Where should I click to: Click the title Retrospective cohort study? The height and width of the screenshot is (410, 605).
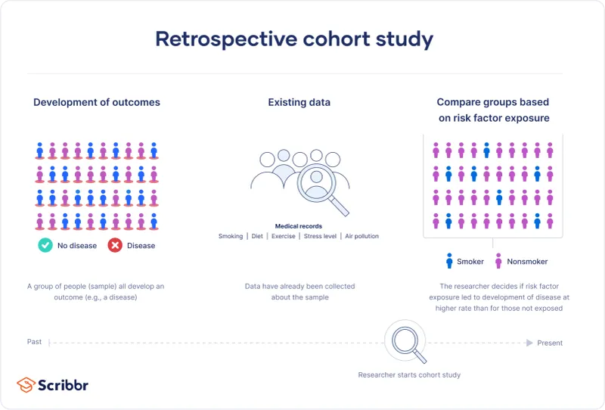tap(294, 39)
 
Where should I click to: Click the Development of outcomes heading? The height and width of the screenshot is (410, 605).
tap(97, 102)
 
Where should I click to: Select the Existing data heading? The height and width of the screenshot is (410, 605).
tap(299, 102)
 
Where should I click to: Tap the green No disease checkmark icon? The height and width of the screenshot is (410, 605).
tap(45, 245)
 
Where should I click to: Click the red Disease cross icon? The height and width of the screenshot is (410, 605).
tap(115, 245)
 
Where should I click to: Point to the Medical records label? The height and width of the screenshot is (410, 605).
tap(298, 226)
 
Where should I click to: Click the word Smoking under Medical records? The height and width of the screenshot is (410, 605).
tap(231, 236)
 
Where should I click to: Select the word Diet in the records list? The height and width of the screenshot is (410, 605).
tap(257, 236)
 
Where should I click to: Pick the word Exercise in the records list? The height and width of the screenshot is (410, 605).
tap(283, 236)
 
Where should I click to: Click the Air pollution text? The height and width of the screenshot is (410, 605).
tap(361, 236)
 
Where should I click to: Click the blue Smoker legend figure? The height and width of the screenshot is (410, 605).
tap(449, 261)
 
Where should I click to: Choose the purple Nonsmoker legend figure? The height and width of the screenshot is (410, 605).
tap(498, 261)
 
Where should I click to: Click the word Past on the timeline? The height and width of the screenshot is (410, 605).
tap(35, 342)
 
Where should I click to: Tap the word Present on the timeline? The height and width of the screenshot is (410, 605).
tap(550, 343)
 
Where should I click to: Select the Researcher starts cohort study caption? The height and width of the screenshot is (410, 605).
tap(409, 374)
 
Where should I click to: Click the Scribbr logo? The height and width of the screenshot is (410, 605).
tap(53, 384)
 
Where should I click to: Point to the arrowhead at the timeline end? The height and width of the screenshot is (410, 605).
tap(529, 343)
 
